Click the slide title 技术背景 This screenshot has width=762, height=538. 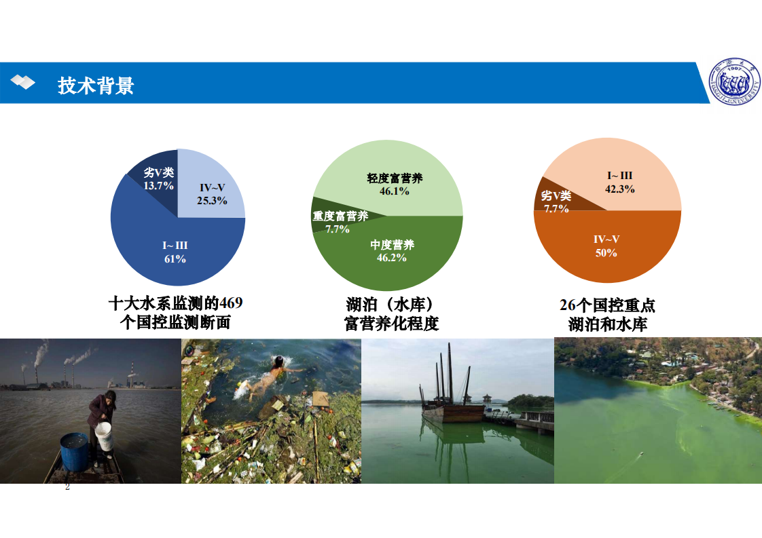click(x=96, y=85)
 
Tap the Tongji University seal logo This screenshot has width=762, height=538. click(x=734, y=81)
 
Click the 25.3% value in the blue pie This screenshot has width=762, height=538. click(x=212, y=201)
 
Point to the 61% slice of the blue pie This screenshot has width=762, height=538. click(x=175, y=252)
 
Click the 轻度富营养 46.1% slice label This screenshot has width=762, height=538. click(x=395, y=185)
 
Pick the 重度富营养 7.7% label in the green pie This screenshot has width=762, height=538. click(x=340, y=223)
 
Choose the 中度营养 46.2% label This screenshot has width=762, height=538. click(x=392, y=251)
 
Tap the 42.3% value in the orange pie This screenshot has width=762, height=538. click(x=619, y=189)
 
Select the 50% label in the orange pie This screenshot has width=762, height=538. click(x=606, y=253)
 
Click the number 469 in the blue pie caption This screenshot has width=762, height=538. click(x=231, y=303)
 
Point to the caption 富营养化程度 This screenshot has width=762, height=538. click(x=392, y=324)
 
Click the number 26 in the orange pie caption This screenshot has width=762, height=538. click(x=568, y=305)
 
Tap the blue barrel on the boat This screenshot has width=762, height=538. click(x=74, y=452)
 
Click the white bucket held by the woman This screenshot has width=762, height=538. click(x=104, y=435)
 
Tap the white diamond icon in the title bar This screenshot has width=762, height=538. click(x=23, y=82)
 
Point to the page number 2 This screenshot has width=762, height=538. click(x=67, y=487)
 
